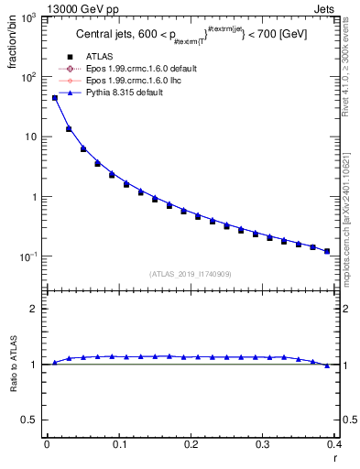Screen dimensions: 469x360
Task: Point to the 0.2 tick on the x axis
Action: [191, 443]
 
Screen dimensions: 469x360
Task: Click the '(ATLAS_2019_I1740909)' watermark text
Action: [190, 274]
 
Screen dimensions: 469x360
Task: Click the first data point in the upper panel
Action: [54, 98]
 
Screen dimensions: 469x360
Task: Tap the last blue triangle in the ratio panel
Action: [327, 365]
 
